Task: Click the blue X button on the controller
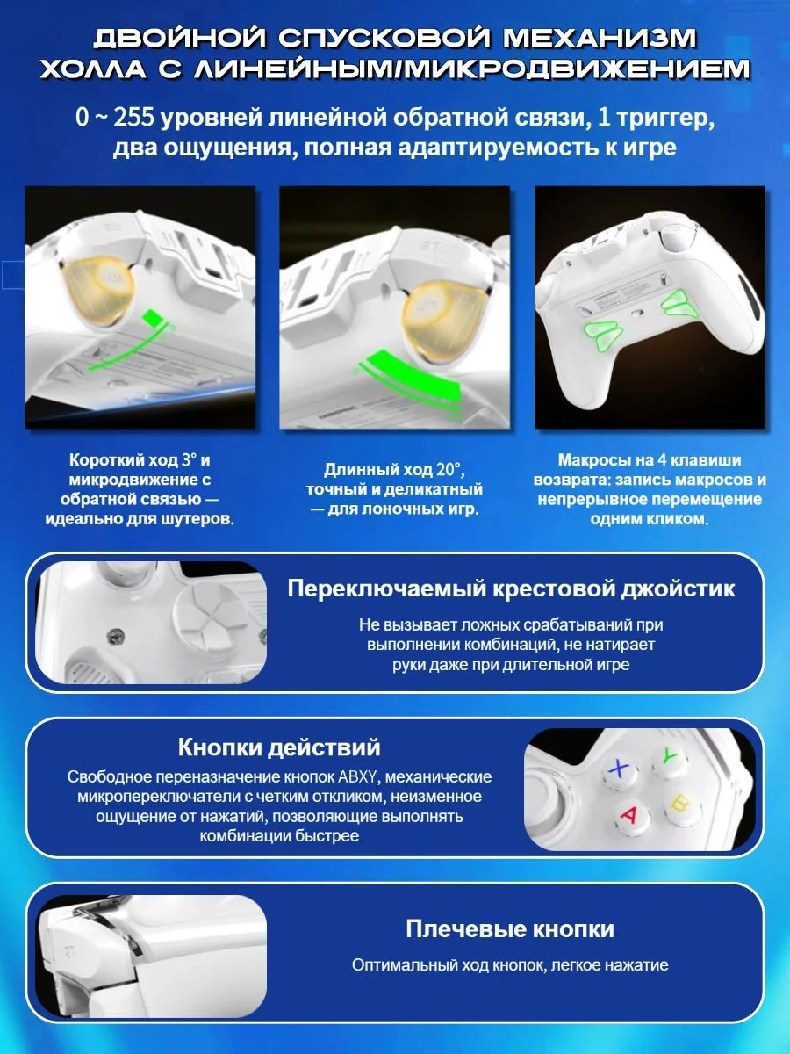(620, 770)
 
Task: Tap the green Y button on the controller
(670, 757)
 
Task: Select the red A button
(629, 815)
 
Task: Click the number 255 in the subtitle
(133, 118)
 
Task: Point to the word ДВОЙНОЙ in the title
(179, 38)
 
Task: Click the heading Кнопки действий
(279, 747)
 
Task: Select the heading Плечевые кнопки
(510, 928)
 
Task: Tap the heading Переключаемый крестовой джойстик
(511, 588)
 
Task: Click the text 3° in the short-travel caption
(189, 460)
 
